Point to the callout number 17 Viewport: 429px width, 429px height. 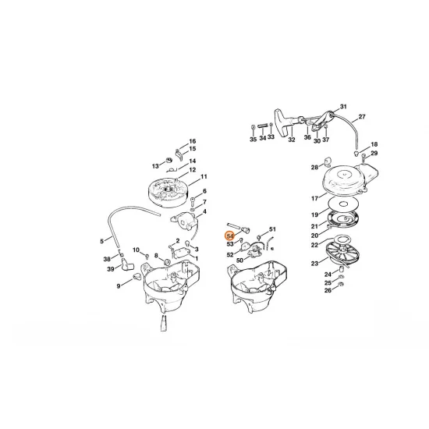314,197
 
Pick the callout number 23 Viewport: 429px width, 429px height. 314,264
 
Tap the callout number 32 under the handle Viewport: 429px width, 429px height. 291,140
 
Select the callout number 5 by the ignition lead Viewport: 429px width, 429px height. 101,240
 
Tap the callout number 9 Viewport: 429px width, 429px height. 119,286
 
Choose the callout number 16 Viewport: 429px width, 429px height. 192,140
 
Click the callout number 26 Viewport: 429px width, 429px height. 328,290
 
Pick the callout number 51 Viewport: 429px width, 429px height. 273,231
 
